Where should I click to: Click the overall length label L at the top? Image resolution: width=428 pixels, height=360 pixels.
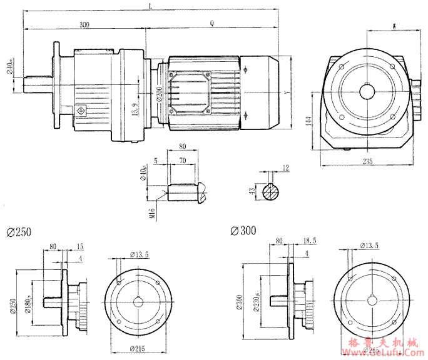point(150,6)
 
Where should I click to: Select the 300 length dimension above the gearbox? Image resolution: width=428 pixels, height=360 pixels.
point(84,24)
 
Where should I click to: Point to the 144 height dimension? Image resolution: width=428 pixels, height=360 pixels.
point(309,121)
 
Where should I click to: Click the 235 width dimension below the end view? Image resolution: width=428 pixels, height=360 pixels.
point(367,162)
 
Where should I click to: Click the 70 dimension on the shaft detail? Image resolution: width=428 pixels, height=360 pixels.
point(183,161)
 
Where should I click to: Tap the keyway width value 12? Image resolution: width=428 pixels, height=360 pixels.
point(286,168)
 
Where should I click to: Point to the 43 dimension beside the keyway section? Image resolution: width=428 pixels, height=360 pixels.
point(252,192)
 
